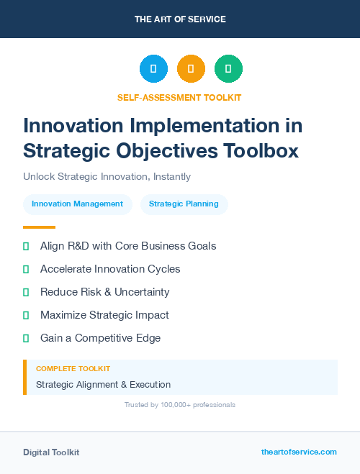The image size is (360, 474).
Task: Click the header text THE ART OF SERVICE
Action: pyautogui.click(x=180, y=19)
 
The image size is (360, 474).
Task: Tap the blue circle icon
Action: pyautogui.click(x=153, y=69)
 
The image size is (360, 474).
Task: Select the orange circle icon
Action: pyautogui.click(x=191, y=69)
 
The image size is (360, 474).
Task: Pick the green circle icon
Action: pyautogui.click(x=228, y=69)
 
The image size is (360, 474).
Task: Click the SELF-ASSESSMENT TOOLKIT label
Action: pyautogui.click(x=179, y=97)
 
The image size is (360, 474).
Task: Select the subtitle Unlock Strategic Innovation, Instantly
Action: pyautogui.click(x=107, y=176)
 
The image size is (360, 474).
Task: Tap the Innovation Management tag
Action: pyautogui.click(x=78, y=204)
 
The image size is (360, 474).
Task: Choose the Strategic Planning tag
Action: pyautogui.click(x=184, y=204)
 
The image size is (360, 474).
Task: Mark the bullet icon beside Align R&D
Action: pyautogui.click(x=26, y=246)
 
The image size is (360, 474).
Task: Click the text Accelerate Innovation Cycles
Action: pyautogui.click(x=110, y=269)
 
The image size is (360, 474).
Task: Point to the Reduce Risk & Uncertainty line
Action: pyautogui.click(x=105, y=292)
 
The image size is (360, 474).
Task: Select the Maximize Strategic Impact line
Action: pyautogui.click(x=104, y=315)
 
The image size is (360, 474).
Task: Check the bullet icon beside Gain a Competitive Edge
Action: pyautogui.click(x=26, y=338)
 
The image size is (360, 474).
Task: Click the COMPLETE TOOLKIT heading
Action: pyautogui.click(x=73, y=369)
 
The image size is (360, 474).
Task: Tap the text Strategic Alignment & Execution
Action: pyautogui.click(x=103, y=385)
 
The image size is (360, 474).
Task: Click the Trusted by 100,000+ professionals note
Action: pyautogui.click(x=180, y=405)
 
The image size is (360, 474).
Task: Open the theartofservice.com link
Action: pyautogui.click(x=299, y=452)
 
